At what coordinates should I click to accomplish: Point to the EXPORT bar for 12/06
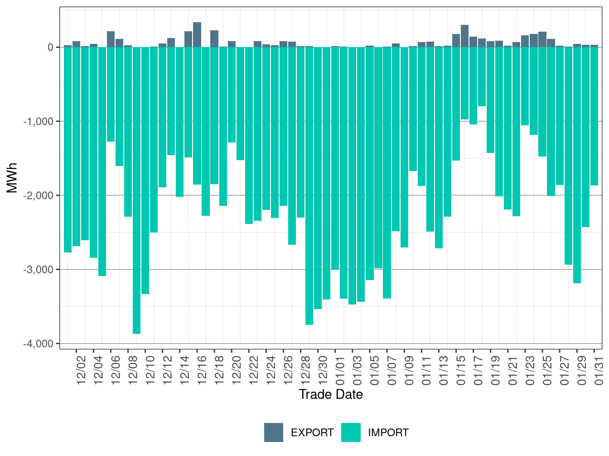[x=111, y=39]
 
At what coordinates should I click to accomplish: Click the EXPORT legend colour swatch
[x=274, y=432]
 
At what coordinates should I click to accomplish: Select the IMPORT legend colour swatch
[x=351, y=432]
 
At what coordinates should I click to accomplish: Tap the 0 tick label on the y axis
[x=51, y=47]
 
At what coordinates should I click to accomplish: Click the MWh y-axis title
[x=12, y=178]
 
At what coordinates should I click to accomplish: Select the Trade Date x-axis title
[x=331, y=394]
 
